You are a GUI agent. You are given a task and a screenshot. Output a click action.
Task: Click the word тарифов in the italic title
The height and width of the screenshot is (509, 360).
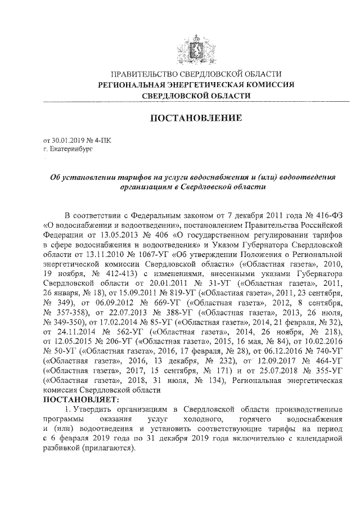click(106, 177)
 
